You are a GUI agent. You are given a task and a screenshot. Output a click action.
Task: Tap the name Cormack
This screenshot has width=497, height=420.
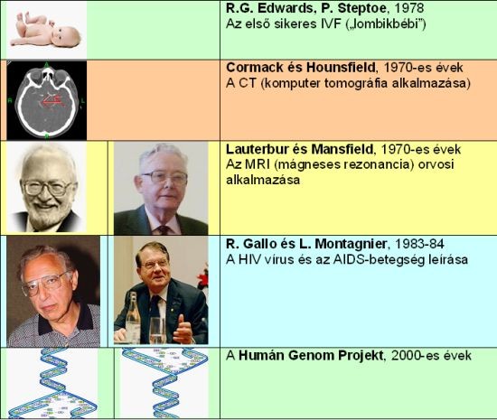(253, 68)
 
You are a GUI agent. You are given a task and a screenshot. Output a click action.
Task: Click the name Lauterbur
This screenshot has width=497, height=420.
(258, 149)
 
